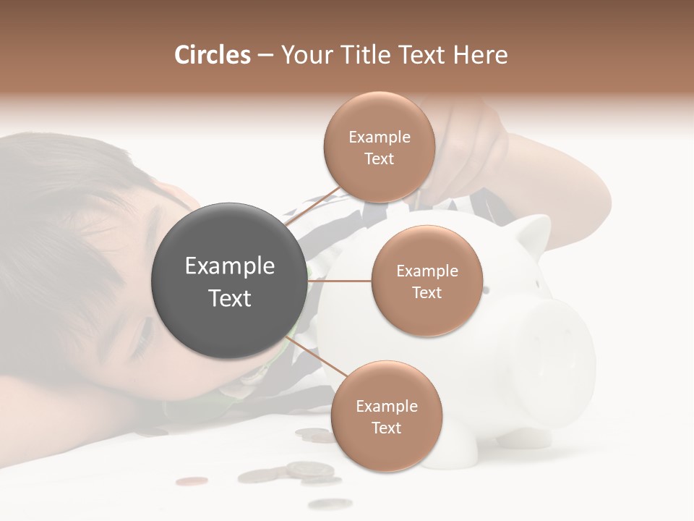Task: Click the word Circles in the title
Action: click(x=212, y=55)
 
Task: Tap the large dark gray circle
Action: click(x=228, y=281)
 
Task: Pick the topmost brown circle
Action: click(x=380, y=148)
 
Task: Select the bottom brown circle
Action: click(x=386, y=417)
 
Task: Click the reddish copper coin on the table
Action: click(x=192, y=480)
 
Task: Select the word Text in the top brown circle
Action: click(x=379, y=158)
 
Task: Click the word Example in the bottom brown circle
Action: click(x=387, y=406)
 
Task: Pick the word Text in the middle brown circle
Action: click(x=427, y=292)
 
